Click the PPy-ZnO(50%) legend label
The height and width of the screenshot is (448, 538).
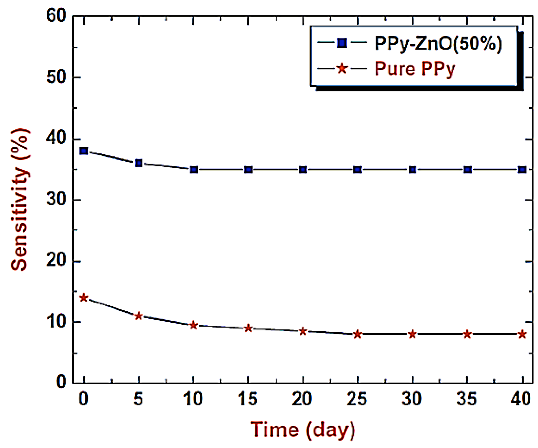[x=438, y=43]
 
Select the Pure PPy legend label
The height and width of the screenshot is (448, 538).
[x=415, y=69]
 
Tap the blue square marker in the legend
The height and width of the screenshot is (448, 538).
[x=342, y=43]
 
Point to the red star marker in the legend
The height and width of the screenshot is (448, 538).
[x=342, y=69]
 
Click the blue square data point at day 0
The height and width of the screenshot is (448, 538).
[x=84, y=151]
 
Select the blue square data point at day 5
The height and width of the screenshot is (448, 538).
[x=139, y=163]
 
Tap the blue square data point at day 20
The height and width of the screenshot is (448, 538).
[x=303, y=170]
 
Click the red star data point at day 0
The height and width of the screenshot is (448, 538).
[x=84, y=298]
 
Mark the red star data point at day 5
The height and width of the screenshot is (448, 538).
[x=139, y=316]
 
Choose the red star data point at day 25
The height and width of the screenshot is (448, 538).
[x=358, y=334]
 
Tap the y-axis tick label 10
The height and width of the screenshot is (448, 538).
[x=56, y=322]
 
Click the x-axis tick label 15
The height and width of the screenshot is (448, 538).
[x=248, y=399]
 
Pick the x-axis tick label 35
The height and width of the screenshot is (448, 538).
[x=467, y=399]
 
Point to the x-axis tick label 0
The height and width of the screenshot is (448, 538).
[x=84, y=399]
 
